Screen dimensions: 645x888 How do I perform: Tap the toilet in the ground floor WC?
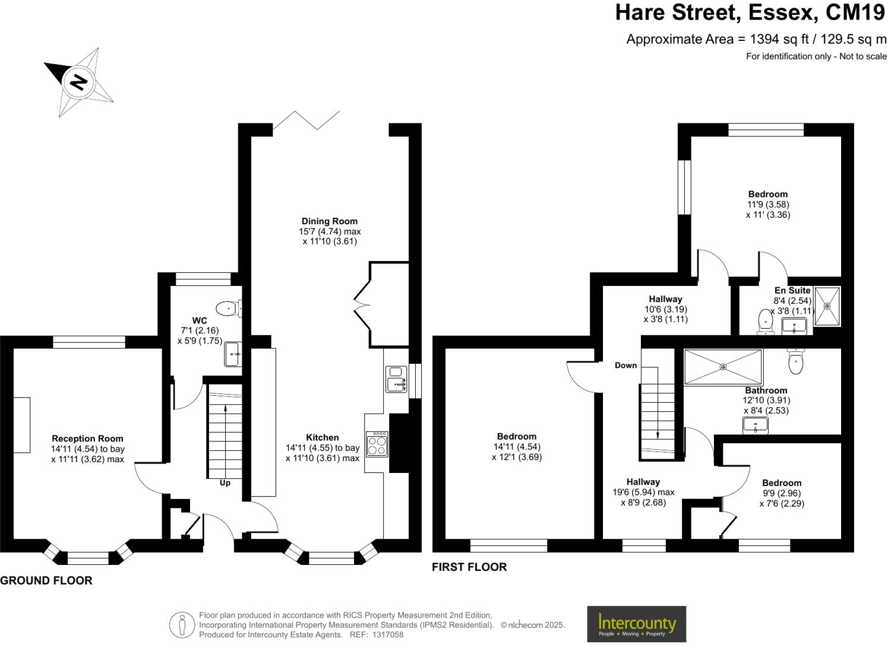click(229, 309)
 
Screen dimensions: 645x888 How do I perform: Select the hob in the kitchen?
click(377, 444)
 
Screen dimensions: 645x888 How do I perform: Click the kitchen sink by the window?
click(395, 380)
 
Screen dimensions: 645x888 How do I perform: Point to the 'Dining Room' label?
click(330, 221)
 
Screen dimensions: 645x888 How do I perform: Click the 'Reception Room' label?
click(87, 439)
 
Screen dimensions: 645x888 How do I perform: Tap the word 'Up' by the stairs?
click(225, 483)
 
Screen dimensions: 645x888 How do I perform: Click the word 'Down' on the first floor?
click(625, 366)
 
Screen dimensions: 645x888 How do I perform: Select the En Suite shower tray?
click(827, 306)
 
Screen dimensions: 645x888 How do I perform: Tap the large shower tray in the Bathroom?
click(722, 367)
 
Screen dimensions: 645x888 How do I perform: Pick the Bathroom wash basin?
click(754, 425)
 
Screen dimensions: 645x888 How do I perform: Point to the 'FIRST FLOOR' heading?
click(469, 567)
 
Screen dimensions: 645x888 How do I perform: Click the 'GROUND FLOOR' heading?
click(46, 581)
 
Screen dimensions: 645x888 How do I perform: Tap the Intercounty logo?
click(636, 624)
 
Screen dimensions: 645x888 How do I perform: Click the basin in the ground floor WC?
click(232, 355)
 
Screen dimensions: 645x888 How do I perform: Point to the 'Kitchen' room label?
click(323, 438)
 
